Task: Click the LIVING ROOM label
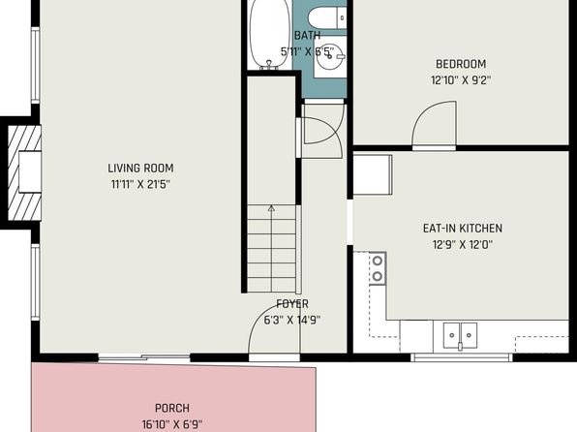tap(140, 169)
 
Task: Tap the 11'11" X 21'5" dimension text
tap(140, 184)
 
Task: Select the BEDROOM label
tap(461, 64)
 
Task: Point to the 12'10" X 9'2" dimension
tap(461, 80)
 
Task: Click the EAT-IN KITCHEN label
tap(463, 229)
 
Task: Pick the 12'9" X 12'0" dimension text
tap(463, 244)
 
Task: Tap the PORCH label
tap(172, 409)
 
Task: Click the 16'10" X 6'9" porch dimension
tap(172, 424)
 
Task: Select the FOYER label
tap(292, 304)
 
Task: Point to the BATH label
tap(307, 36)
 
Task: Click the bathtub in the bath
tap(270, 34)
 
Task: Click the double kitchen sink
tap(460, 335)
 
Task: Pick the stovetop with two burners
tap(378, 268)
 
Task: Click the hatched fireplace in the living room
tap(24, 172)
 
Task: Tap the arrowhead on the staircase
tap(272, 208)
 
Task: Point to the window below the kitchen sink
tap(462, 356)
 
